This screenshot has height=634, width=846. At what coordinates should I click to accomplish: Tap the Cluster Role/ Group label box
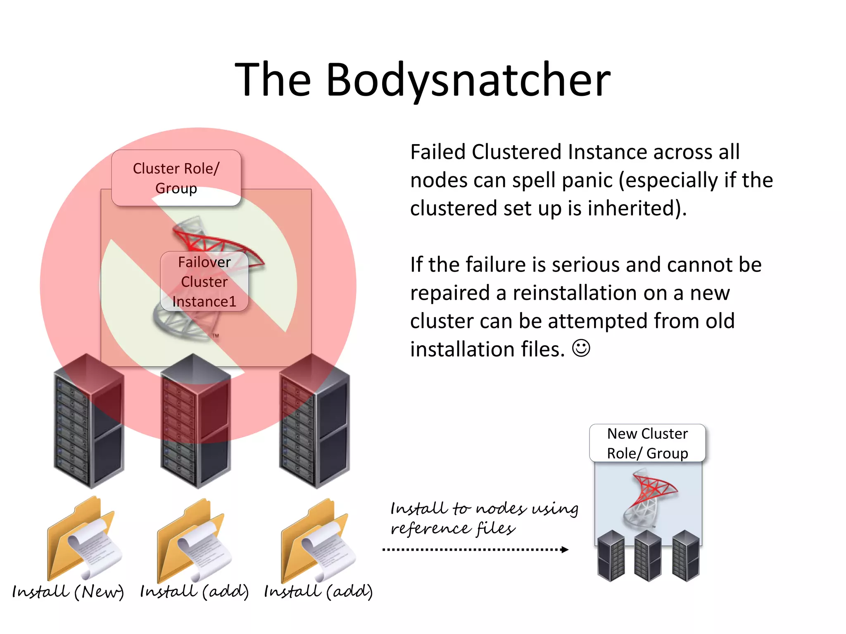176,178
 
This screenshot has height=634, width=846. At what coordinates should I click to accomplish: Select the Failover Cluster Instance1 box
204,282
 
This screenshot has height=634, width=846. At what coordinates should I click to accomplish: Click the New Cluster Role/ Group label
647,443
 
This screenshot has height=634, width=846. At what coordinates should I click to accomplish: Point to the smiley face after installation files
581,348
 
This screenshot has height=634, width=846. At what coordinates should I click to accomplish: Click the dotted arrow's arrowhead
565,549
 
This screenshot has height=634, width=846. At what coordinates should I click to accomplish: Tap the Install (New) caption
68,592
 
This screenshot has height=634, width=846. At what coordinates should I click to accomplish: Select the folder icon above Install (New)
83,539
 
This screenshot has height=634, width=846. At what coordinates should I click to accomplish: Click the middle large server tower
195,421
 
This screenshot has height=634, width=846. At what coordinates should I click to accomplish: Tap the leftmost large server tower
89,421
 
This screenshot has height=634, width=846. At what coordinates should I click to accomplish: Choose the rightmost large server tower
314,421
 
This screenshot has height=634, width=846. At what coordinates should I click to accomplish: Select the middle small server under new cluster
648,556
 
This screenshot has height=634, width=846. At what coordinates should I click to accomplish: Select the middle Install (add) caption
194,592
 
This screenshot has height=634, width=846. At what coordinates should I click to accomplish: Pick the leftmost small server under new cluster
611,556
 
